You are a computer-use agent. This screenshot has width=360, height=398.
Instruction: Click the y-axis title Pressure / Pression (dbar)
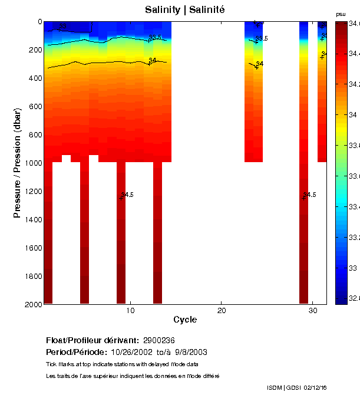click(18, 163)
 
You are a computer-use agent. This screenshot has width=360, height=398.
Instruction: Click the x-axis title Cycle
click(185, 320)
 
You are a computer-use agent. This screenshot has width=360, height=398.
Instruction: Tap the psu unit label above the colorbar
click(341, 14)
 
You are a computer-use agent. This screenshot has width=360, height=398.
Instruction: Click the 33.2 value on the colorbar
click(354, 238)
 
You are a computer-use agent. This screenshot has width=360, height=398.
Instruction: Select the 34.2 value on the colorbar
click(354, 84)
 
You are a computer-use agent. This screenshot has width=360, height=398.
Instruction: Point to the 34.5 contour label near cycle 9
click(127, 195)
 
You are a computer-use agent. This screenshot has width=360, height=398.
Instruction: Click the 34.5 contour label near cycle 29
click(310, 195)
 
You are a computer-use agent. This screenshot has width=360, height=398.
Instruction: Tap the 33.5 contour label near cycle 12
click(155, 38)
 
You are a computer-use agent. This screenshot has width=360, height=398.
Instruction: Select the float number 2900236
click(158, 341)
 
